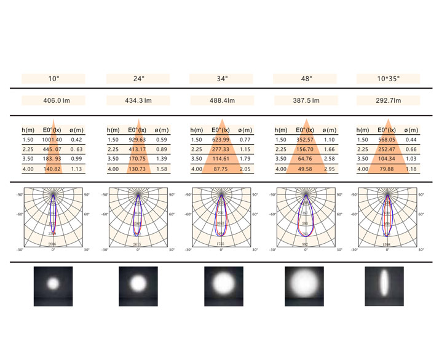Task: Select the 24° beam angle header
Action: click(x=138, y=79)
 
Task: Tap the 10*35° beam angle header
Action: click(x=388, y=79)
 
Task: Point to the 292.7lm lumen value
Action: click(x=388, y=100)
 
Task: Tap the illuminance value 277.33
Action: click(x=220, y=150)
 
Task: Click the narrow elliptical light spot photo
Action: click(x=384, y=286)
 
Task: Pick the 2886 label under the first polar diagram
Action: click(x=53, y=244)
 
